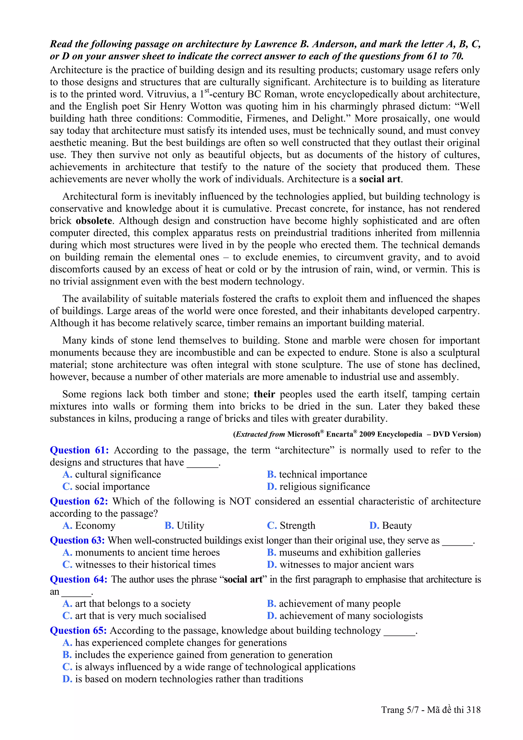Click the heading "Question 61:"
[79, 450]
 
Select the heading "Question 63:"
[77, 541]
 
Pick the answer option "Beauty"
[397, 526]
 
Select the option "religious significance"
[325, 487]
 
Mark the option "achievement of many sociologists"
[351, 616]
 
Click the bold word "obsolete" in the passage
[94, 221]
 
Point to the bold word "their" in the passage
[264, 394]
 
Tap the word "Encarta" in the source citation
[340, 434]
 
